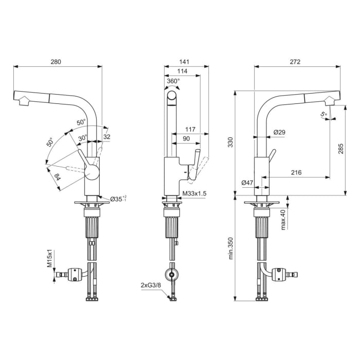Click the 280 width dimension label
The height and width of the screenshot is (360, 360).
click(56, 62)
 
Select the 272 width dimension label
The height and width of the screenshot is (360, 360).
click(295, 62)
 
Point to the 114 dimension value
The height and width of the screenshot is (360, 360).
click(182, 71)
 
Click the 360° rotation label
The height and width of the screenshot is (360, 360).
click(173, 81)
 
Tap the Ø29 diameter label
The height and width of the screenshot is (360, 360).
click(279, 132)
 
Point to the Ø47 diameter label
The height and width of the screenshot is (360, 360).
click(247, 183)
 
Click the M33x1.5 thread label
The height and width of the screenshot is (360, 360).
click(194, 194)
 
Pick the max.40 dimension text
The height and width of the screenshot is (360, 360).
click(284, 219)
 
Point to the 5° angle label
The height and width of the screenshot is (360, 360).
click(323, 115)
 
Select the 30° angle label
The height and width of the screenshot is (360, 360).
click(83, 138)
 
